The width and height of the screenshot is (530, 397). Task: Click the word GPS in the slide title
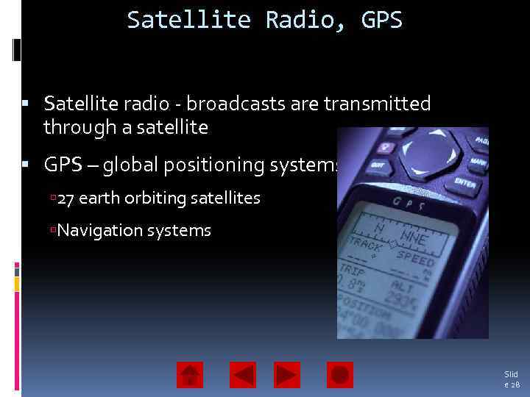click(x=382, y=20)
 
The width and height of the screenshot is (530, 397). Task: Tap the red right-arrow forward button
click(x=287, y=375)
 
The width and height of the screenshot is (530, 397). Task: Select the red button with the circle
click(x=339, y=375)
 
